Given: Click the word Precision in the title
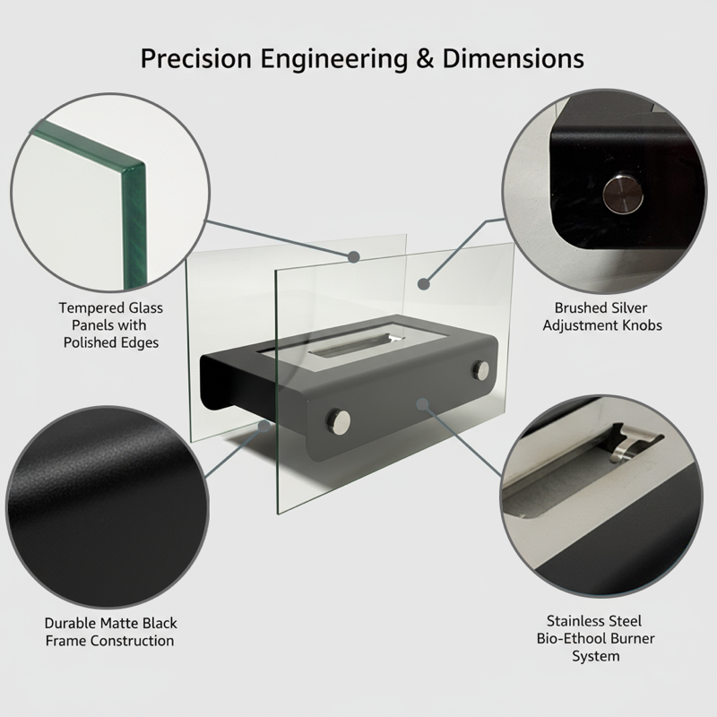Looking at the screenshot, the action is click(x=195, y=59).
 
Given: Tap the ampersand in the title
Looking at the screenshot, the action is click(x=425, y=59).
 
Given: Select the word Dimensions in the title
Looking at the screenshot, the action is click(x=513, y=59).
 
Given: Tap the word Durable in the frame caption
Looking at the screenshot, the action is click(x=71, y=623).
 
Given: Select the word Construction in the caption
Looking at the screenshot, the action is click(x=132, y=641).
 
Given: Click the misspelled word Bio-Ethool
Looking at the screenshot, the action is click(x=567, y=638).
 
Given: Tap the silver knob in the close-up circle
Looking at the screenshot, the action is click(x=623, y=194).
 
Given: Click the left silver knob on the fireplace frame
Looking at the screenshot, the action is click(x=339, y=420).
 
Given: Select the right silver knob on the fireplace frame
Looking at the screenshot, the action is click(x=480, y=370).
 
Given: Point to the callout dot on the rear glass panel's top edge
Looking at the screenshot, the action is click(x=353, y=257).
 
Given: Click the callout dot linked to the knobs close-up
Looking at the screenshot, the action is click(x=424, y=284).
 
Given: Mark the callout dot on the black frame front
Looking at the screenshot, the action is click(x=422, y=404).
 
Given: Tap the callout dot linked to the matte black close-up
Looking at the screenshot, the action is click(x=264, y=427).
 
